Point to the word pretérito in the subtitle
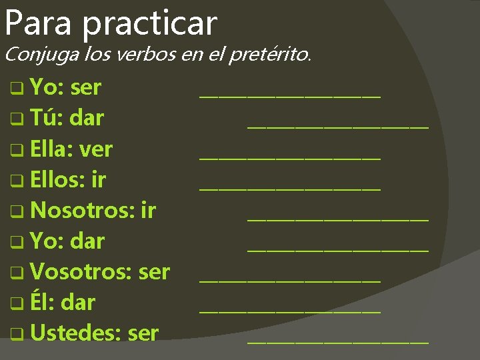pos(269,54)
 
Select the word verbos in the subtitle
pos(147,54)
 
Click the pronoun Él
pos(41,302)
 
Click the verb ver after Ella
pos(96,149)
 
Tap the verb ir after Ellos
pos(99,179)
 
